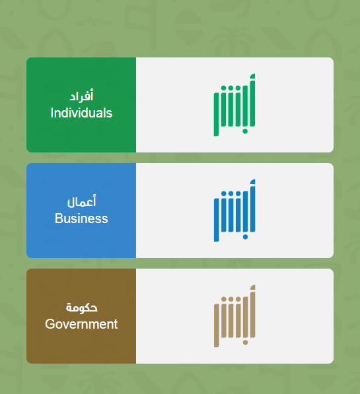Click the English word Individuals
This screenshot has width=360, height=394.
pos(81,113)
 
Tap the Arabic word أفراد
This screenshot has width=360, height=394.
pos(81,96)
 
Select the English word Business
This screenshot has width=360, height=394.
pos(81,218)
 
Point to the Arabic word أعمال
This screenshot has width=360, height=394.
pos(81,201)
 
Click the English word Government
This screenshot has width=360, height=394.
pos(81,324)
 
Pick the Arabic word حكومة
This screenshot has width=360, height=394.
pos(81,308)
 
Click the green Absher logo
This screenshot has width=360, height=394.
pos(234,105)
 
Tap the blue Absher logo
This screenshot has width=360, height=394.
pos(234,211)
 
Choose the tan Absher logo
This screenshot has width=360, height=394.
pos(234,316)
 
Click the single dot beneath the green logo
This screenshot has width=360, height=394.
pos(245,131)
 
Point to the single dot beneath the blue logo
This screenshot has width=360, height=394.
pos(245,237)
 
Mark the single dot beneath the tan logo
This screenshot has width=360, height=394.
pos(245,343)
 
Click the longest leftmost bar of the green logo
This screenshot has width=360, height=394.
pos(216,115)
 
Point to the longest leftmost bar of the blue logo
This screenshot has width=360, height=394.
pos(216,220)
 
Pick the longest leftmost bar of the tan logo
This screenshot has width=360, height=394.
pos(216,325)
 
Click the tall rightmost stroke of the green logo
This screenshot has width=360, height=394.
pos(252,100)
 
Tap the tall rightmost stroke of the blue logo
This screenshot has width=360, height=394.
pos(252,205)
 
